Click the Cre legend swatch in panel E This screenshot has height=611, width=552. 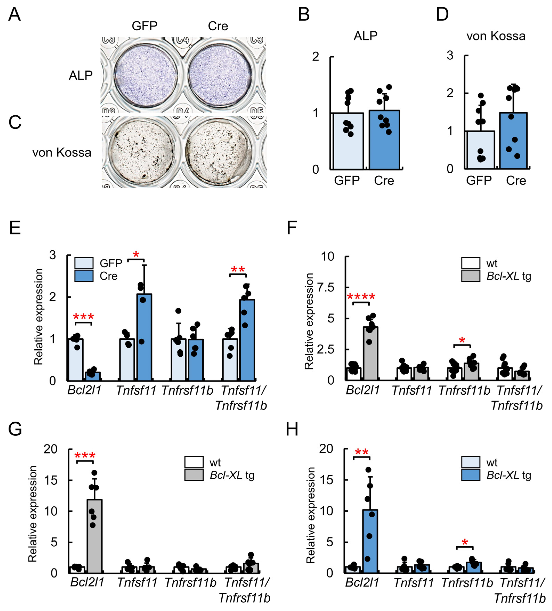(84, 276)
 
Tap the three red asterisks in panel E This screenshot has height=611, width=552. (83, 317)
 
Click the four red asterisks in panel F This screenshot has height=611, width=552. (361, 296)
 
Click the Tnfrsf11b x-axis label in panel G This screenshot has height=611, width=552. (190, 582)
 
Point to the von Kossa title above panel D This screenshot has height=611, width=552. (496, 36)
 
